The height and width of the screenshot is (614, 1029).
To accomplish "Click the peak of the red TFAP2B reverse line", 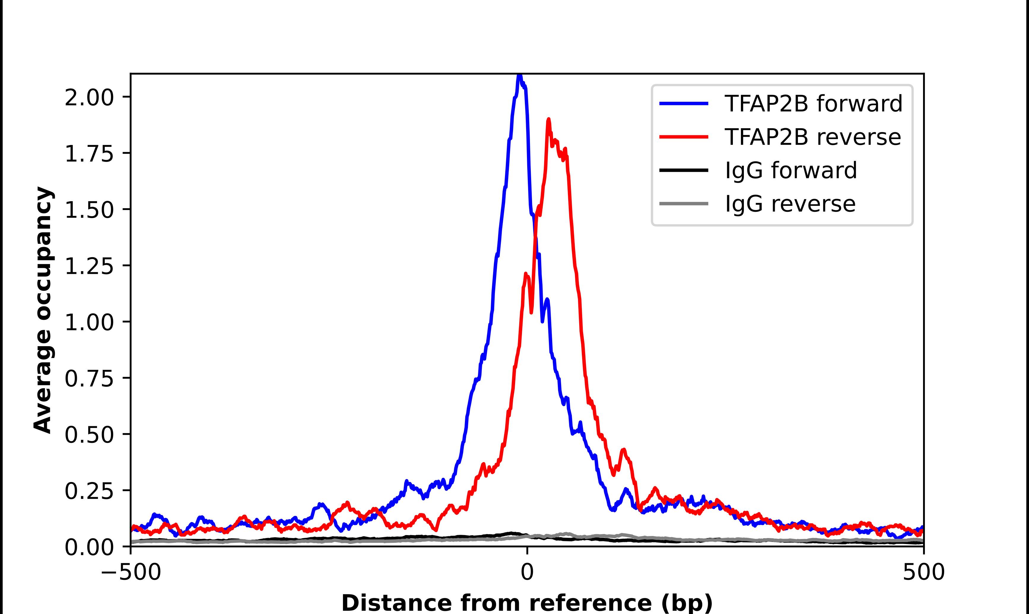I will point(549,120).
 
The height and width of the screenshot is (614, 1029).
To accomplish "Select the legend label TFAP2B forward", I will point(813,104).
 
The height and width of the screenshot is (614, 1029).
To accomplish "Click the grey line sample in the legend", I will point(684,203).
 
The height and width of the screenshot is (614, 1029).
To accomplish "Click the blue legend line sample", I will point(684,104).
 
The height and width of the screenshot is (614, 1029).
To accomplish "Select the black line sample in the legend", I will point(684,170).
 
